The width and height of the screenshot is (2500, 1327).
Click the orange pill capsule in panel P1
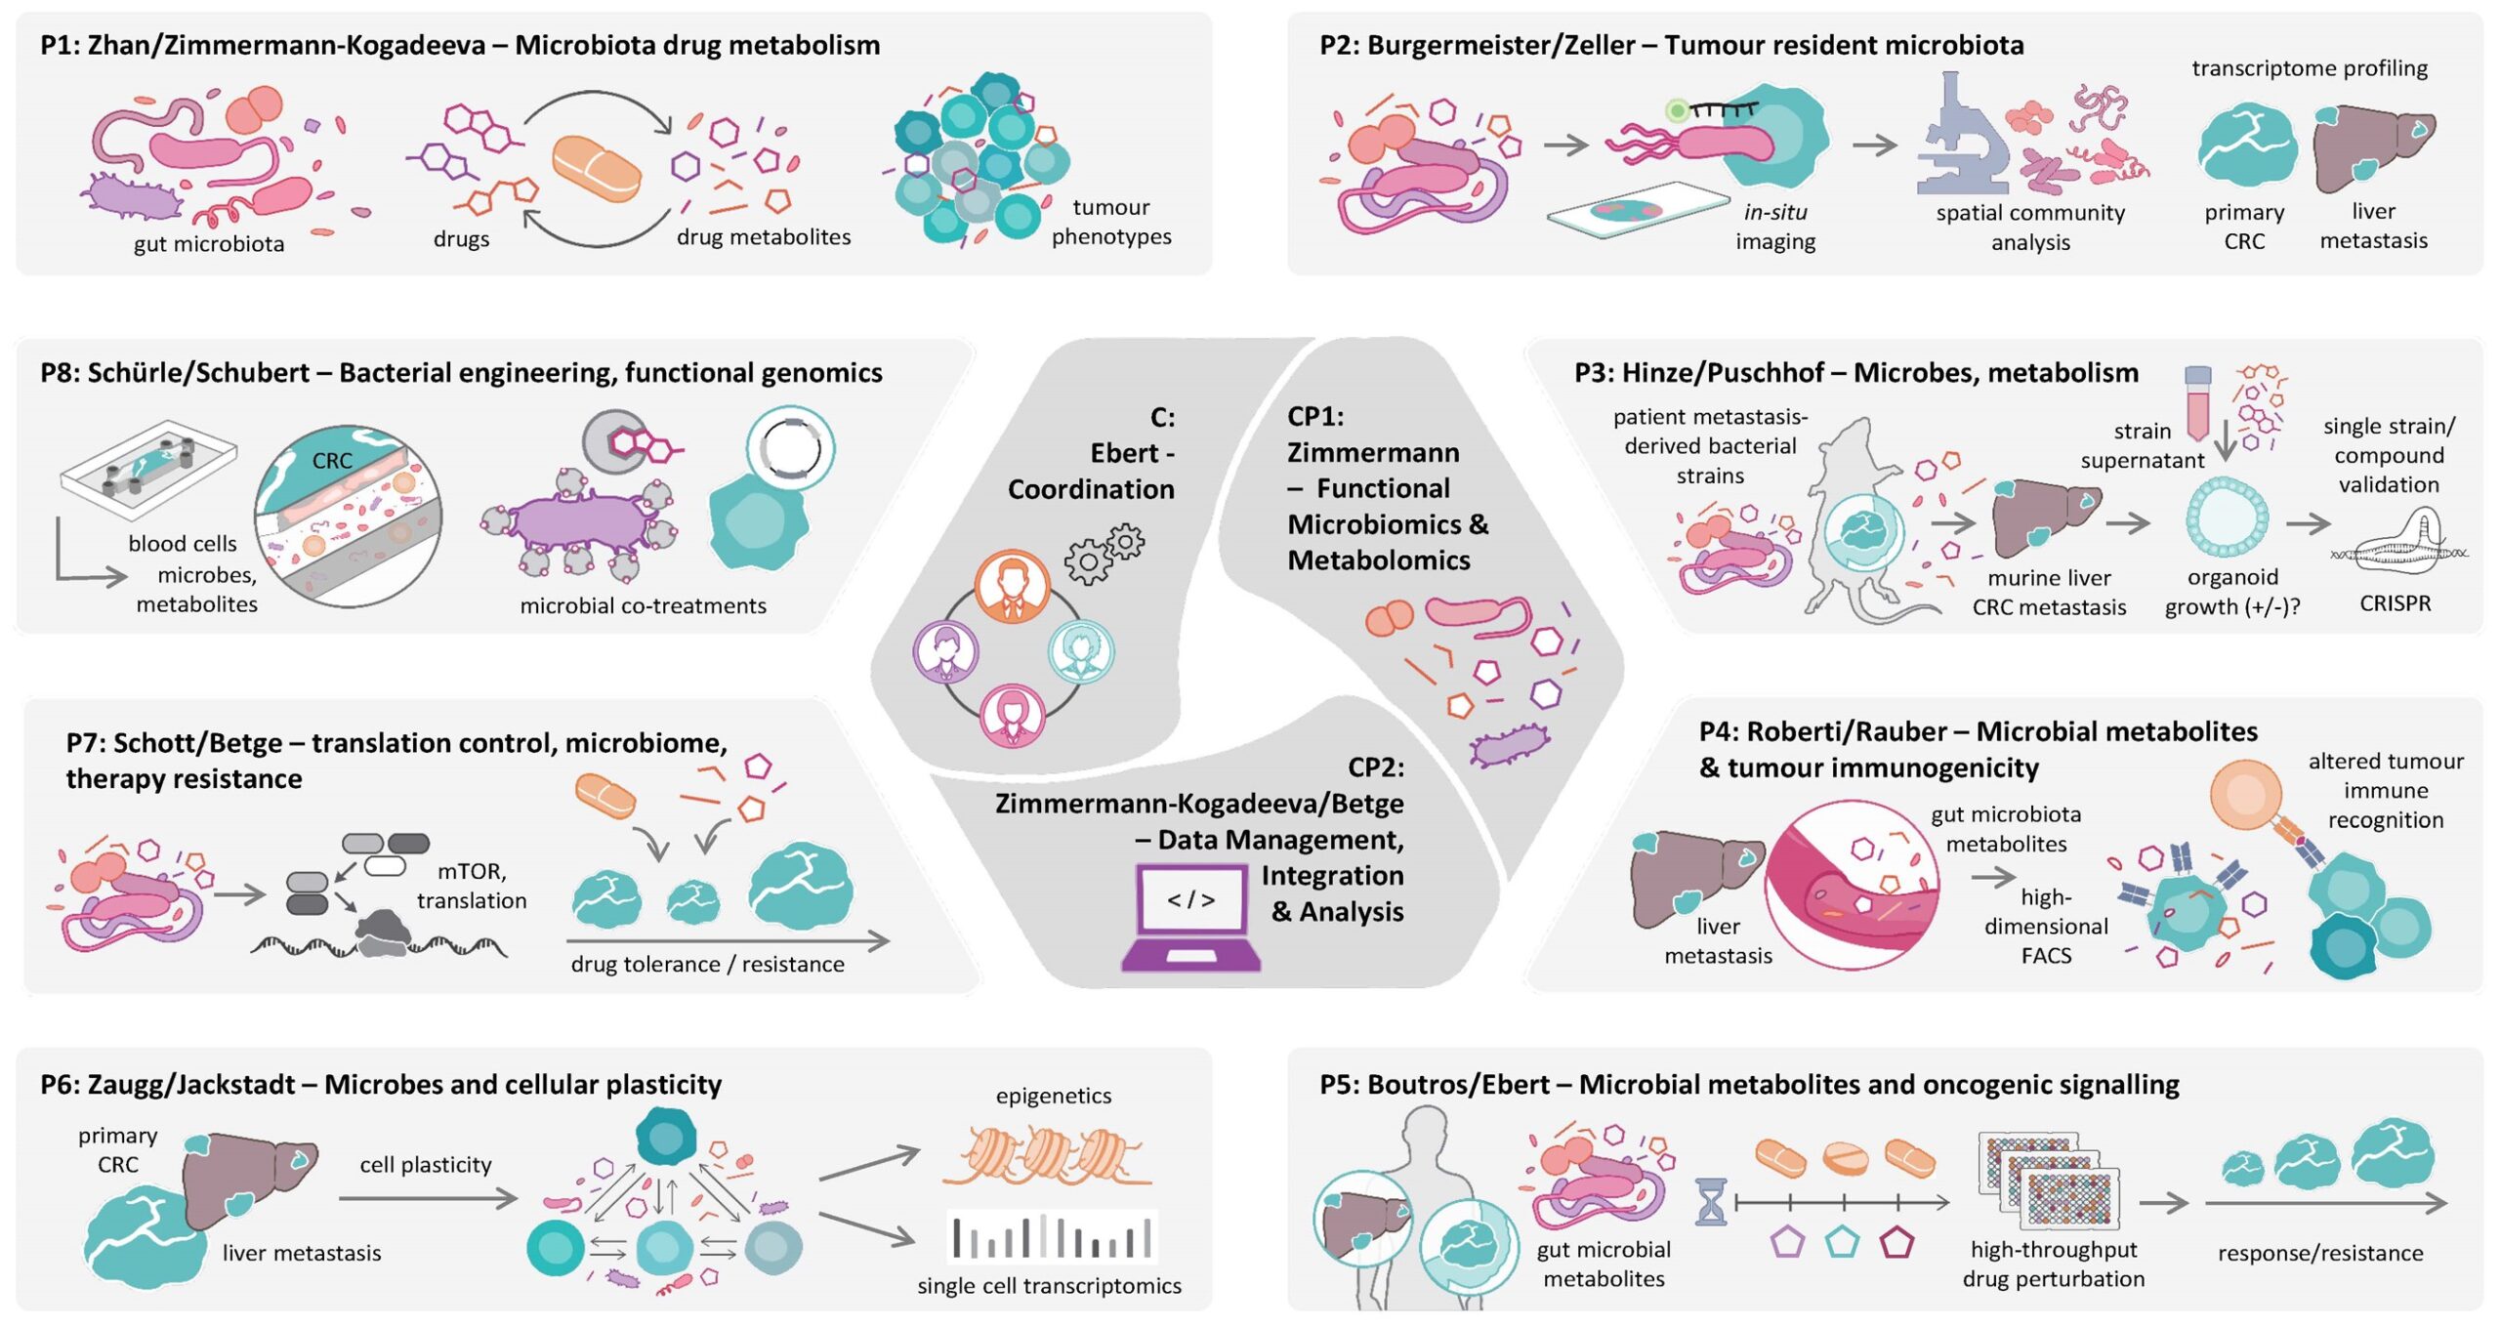(597, 168)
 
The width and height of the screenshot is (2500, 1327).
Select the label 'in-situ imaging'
(1774, 227)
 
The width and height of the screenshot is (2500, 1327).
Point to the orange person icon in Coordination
(1012, 587)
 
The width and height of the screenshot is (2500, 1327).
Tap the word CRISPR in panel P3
(2395, 603)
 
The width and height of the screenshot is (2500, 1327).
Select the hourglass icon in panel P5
(1711, 1201)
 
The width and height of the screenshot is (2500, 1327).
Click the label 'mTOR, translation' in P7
(472, 886)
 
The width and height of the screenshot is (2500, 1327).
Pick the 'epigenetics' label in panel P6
(1053, 1096)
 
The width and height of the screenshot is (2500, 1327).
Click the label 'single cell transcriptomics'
(1049, 1285)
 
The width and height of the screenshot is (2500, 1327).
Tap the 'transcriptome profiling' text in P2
(2309, 68)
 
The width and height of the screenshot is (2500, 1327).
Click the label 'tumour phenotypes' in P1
(1110, 222)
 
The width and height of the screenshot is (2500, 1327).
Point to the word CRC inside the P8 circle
(332, 461)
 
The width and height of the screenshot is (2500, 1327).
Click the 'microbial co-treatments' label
(643, 605)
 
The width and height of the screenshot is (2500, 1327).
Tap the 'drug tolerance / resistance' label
(707, 964)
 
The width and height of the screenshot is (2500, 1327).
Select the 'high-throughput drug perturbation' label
(2053, 1264)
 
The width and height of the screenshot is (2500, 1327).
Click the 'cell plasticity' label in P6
(425, 1164)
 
